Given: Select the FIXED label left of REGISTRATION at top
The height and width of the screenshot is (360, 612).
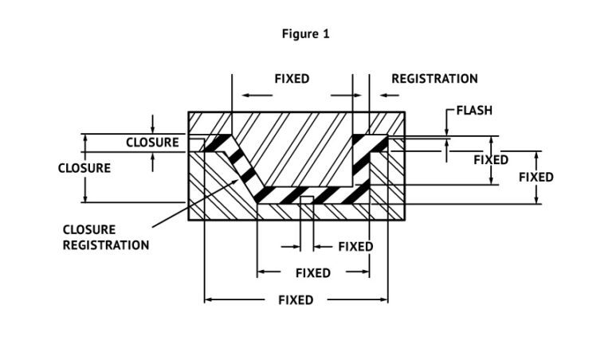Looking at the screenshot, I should [292, 79].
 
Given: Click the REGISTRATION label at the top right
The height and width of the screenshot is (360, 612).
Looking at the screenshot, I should [434, 79].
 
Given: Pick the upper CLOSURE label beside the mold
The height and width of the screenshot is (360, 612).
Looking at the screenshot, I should [152, 143].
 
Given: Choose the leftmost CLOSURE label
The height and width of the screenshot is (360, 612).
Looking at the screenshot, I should [84, 168].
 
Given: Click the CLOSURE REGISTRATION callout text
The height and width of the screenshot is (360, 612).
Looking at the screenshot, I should [105, 237].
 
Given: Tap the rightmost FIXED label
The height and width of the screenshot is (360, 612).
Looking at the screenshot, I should [535, 177].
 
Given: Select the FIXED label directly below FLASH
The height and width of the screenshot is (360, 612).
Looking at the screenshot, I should [491, 160].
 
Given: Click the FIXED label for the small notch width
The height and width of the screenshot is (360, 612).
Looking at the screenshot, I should [355, 247].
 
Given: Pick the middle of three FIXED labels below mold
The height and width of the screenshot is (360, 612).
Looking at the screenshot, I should [312, 273].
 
